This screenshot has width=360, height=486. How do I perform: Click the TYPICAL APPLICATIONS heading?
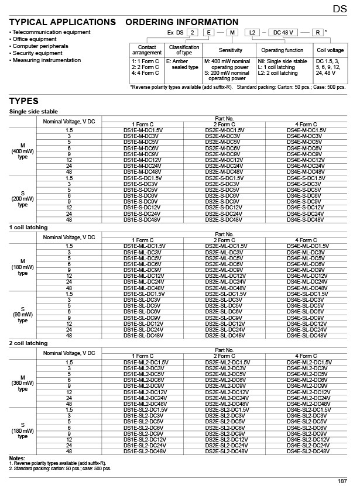[63, 22]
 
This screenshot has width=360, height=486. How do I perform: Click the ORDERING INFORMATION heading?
[182, 22]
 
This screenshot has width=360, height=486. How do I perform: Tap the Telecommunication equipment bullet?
[51, 32]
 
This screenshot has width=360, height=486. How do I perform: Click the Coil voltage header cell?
[329, 50]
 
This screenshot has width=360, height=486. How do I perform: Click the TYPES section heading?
[24, 101]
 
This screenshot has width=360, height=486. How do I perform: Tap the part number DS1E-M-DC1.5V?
[143, 129]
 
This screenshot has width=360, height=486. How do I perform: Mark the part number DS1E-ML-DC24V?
[143, 282]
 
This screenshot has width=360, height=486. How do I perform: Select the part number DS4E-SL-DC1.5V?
[306, 294]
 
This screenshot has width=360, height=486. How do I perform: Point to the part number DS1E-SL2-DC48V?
[143, 451]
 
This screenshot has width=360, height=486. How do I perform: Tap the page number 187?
[342, 481]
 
